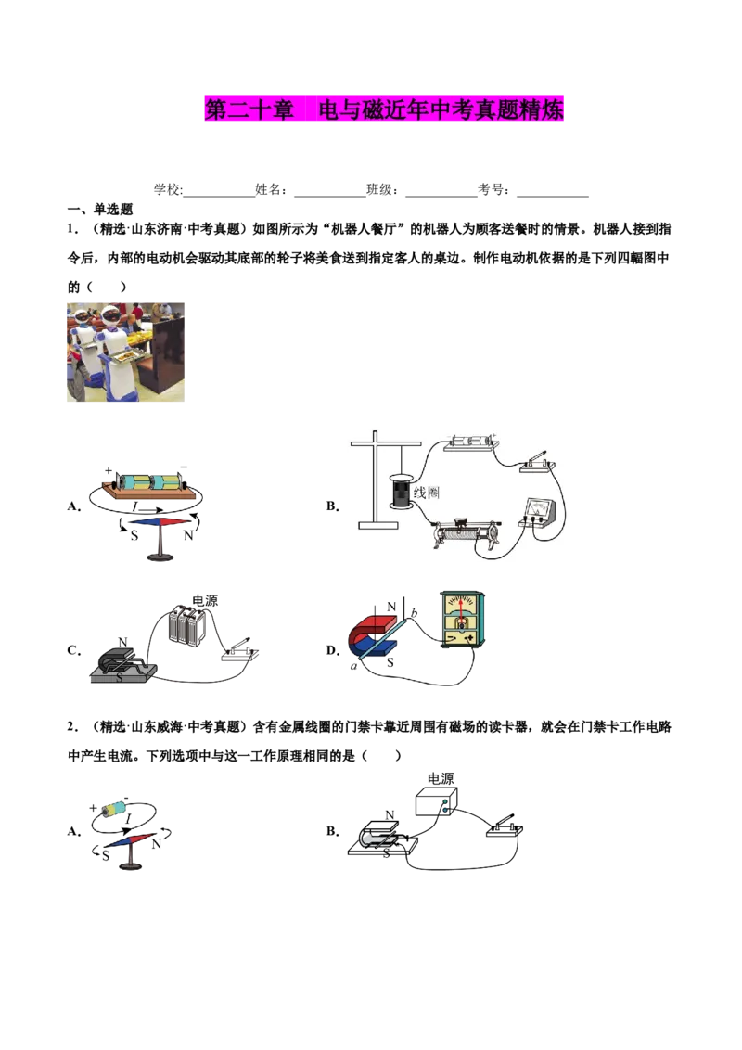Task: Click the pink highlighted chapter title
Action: click(x=384, y=109)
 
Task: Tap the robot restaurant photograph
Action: click(x=125, y=352)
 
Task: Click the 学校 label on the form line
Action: click(x=168, y=189)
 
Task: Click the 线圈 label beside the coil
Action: click(x=426, y=493)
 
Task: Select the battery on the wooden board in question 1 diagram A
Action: click(x=149, y=482)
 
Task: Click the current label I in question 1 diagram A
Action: click(x=135, y=507)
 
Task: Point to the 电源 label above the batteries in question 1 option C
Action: click(x=205, y=600)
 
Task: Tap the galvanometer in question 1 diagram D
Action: click(x=463, y=620)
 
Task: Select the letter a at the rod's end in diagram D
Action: click(x=353, y=666)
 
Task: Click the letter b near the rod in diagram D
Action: click(x=414, y=612)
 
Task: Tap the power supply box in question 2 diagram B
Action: click(x=437, y=800)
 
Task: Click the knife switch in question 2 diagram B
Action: click(x=504, y=826)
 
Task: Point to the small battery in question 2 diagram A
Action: click(x=117, y=808)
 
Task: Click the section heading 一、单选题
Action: click(x=100, y=210)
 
